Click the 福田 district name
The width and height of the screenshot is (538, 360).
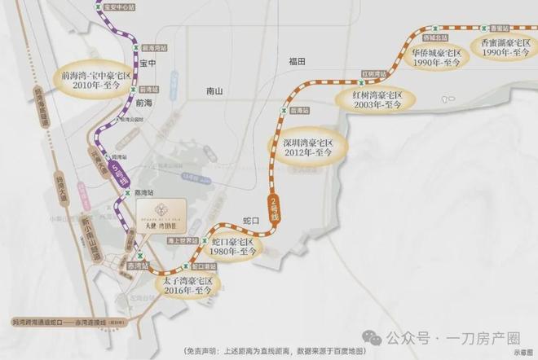point(295,62)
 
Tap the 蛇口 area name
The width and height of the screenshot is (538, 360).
point(251,221)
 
